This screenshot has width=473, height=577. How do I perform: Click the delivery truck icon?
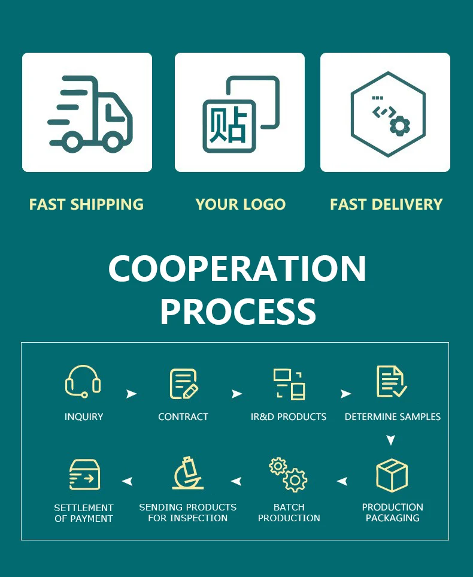[90, 113]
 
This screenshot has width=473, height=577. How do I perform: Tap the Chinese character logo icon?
[240, 113]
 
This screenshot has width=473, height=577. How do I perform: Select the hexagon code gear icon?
[387, 113]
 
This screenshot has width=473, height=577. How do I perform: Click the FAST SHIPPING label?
[86, 204]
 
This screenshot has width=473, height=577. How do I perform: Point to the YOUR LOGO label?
[240, 204]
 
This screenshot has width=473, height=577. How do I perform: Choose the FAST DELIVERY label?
[386, 204]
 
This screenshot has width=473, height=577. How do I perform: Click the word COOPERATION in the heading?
[237, 269]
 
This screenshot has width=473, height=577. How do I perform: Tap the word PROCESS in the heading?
[238, 312]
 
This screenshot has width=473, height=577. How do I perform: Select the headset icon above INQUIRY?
[83, 382]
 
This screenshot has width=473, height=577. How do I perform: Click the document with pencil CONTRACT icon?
[183, 384]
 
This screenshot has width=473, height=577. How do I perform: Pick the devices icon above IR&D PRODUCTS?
[289, 384]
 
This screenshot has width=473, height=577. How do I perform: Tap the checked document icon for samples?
[392, 382]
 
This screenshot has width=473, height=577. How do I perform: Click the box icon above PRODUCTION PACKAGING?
[392, 476]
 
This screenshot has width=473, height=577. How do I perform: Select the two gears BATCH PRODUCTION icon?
[288, 475]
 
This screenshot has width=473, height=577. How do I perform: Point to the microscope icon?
[187, 474]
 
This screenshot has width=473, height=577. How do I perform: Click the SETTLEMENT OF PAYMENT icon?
[84, 475]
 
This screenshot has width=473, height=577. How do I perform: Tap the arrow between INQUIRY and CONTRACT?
[131, 394]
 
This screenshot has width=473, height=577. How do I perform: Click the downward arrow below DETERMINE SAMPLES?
[390, 440]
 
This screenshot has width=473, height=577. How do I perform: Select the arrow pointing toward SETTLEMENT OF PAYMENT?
[127, 481]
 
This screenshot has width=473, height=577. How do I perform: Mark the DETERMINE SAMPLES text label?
[392, 416]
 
